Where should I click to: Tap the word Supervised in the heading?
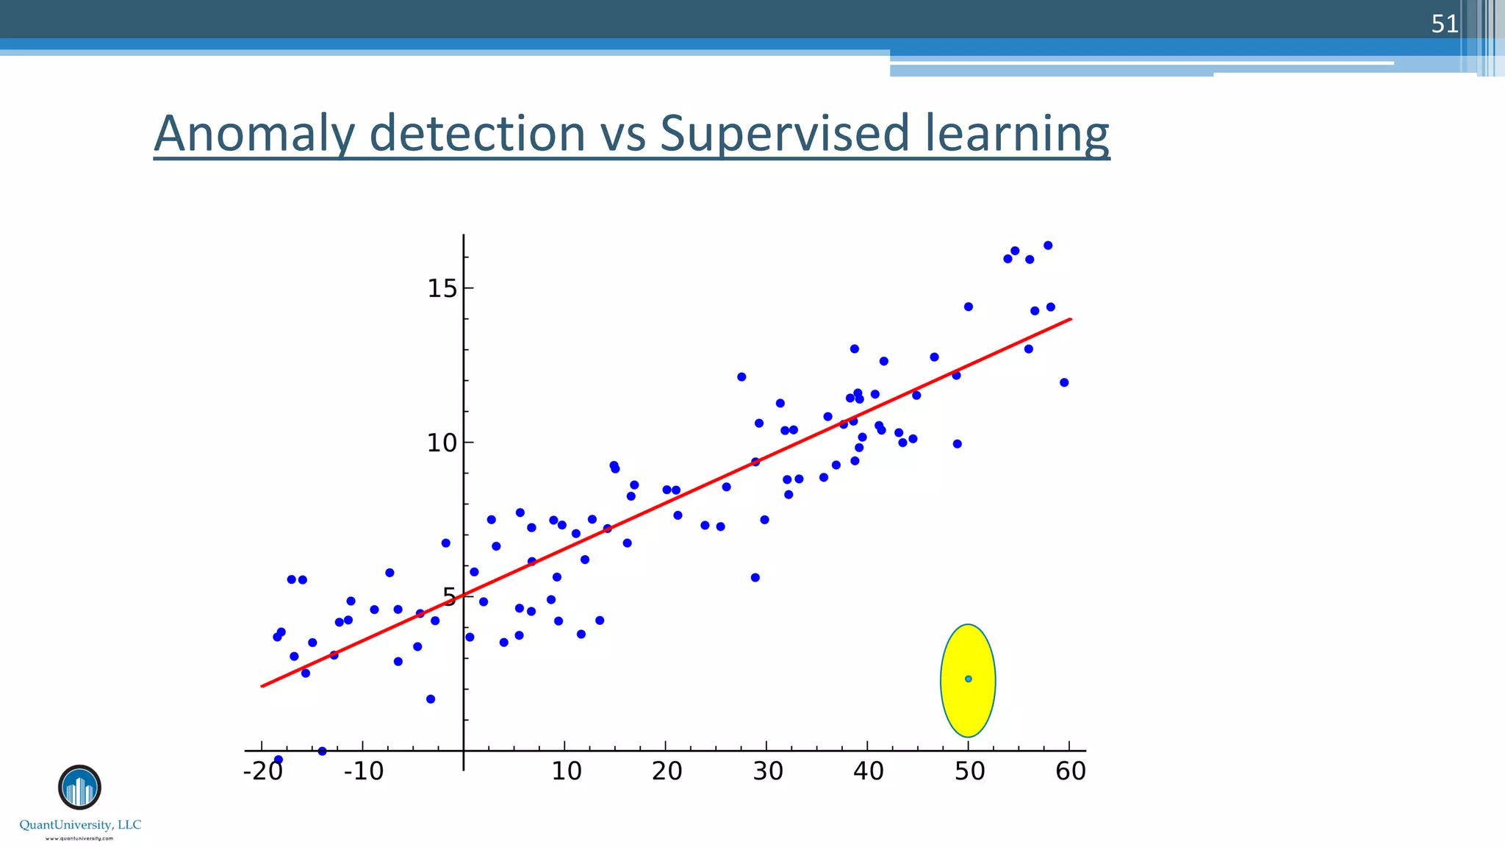(784, 134)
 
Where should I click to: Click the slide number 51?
(1444, 24)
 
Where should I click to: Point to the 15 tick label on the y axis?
(442, 288)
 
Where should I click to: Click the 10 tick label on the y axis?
(442, 443)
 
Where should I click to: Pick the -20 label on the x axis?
(262, 771)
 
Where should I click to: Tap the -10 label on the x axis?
(364, 771)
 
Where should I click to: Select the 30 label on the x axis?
(767, 771)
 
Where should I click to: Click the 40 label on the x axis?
(868, 771)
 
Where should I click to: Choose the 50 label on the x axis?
(969, 771)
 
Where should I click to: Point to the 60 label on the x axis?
(1070, 771)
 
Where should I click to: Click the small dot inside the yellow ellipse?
(969, 679)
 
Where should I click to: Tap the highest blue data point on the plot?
(1048, 246)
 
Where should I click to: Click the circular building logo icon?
(79, 787)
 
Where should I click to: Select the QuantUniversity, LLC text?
(80, 825)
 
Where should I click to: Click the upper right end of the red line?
(1070, 320)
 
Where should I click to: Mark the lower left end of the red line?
(263, 686)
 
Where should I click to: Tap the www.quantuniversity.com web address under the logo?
(79, 838)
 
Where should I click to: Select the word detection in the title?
(477, 134)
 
